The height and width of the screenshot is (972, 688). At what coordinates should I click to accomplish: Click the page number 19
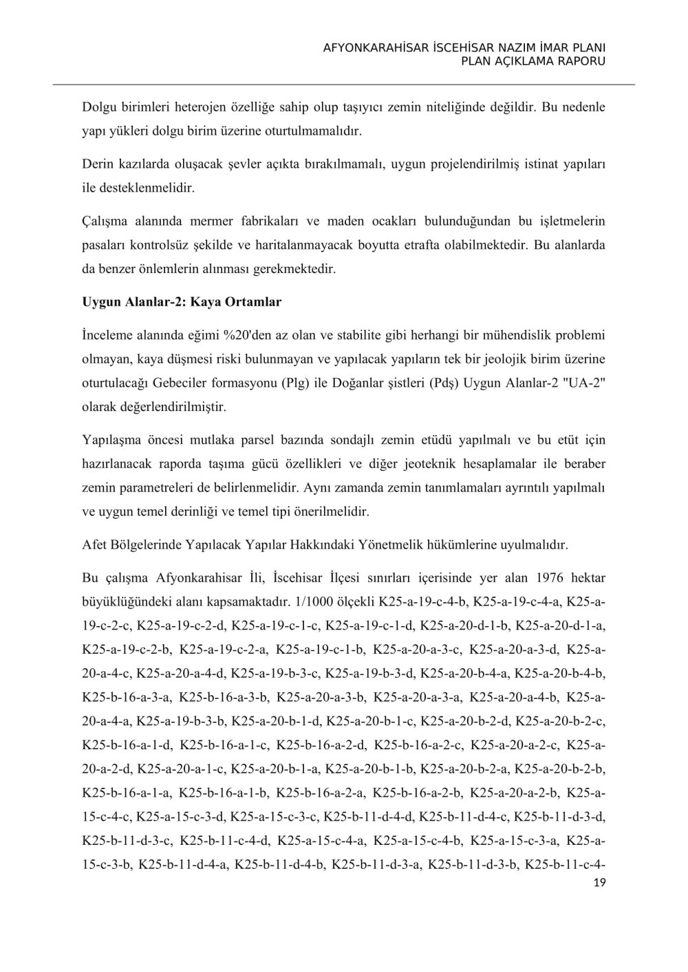click(x=599, y=883)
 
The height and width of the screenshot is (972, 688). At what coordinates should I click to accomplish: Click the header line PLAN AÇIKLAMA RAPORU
click(x=533, y=61)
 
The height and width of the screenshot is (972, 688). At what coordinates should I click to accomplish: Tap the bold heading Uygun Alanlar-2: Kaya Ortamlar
click(x=182, y=302)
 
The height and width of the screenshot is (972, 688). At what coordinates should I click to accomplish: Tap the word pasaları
click(x=104, y=245)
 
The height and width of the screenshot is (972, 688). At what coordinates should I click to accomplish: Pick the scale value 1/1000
click(x=312, y=602)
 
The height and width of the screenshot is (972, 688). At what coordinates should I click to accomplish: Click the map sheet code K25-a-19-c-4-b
click(x=424, y=602)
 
